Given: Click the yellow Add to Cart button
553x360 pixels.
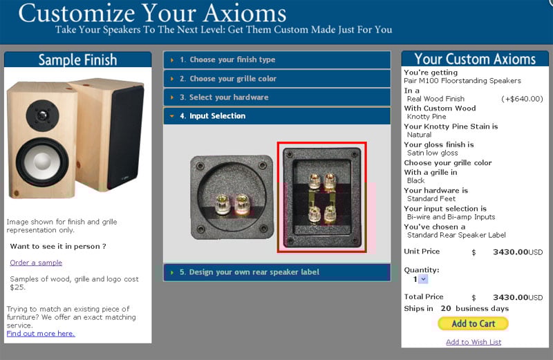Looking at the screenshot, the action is tap(473, 323).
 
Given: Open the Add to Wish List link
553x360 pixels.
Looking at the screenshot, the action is tap(474, 341).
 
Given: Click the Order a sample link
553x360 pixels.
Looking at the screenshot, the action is tap(36, 263).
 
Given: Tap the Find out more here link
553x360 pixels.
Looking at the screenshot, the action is tap(41, 334).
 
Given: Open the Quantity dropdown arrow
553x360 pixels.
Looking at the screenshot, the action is tap(424, 279).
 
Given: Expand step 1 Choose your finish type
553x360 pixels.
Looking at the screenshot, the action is tap(277, 59).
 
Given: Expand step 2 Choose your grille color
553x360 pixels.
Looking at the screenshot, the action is tap(277, 79).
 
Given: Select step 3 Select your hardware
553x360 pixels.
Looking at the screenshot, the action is tap(277, 97).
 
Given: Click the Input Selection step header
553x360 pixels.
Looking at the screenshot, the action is tap(277, 116).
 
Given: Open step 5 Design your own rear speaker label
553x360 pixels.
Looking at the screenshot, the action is tap(277, 272).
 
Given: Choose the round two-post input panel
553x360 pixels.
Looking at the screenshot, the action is tap(232, 198).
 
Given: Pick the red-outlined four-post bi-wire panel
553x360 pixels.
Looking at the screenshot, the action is tap(321, 197).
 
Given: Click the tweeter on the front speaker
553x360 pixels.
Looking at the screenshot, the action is tap(42, 115).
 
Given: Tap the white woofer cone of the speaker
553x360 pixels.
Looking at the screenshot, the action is tap(42, 162).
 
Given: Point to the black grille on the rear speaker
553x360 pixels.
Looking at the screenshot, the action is tap(125, 138).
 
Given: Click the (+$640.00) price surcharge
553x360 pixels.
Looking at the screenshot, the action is tap(522, 99).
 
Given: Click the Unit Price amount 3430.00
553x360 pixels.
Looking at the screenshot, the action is tap(510, 252).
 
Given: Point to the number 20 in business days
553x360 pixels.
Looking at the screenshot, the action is tap(446, 308).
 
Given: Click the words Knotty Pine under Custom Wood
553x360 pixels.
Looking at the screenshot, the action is tap(427, 117).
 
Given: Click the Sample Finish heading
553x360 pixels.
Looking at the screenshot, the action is tap(77, 59).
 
